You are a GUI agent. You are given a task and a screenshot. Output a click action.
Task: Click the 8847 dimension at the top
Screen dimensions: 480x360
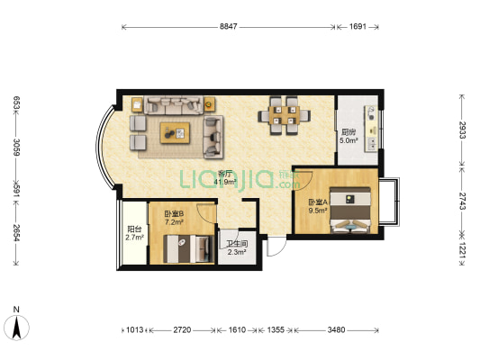229,27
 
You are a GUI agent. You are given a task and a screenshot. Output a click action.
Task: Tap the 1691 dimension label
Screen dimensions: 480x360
358,27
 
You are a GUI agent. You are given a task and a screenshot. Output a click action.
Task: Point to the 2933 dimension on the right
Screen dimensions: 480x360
462,130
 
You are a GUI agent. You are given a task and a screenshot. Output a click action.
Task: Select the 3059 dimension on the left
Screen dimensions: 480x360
16,147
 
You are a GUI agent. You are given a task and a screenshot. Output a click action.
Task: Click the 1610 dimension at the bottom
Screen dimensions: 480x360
237,329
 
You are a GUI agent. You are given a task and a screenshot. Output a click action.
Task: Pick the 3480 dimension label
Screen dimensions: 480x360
336,329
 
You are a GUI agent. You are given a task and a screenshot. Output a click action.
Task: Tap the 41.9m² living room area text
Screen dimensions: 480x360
225,183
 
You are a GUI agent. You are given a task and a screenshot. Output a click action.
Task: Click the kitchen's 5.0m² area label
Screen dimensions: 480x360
349,140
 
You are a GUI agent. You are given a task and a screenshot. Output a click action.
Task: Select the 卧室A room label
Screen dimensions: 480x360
318,202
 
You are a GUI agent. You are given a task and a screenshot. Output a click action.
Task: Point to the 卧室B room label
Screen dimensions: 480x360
174,213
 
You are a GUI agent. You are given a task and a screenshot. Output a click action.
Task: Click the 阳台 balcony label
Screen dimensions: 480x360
135,229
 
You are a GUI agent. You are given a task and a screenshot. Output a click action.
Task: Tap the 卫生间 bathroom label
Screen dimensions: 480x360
237,244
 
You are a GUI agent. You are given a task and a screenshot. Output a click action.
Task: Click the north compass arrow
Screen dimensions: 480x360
16,328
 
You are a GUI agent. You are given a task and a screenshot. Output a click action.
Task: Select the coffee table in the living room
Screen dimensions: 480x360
175,132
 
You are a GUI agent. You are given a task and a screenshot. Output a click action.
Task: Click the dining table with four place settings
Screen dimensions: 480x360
284,115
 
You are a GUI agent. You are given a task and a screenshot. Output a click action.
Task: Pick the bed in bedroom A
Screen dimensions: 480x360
351,210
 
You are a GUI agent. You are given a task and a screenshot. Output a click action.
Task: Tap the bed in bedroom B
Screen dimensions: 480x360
188,248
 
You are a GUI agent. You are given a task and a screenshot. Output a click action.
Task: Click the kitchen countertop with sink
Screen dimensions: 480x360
371,129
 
